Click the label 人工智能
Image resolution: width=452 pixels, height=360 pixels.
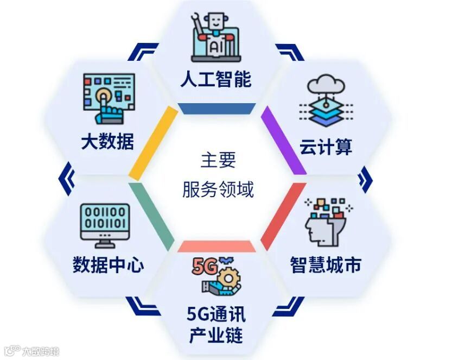(216, 79)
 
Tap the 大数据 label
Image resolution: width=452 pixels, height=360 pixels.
(107, 142)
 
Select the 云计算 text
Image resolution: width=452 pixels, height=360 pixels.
(326, 147)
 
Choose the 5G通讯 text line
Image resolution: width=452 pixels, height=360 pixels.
(216, 313)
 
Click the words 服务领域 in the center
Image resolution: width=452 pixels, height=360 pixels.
(218, 190)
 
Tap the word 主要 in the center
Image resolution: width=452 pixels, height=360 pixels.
(218, 160)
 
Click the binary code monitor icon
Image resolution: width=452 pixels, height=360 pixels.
(105, 222)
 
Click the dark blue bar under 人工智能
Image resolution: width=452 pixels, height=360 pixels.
(218, 109)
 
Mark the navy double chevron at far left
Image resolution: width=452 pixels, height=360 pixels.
(67, 179)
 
